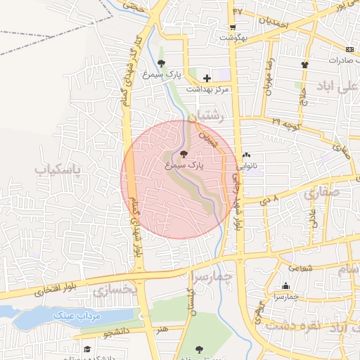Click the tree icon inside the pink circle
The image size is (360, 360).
[x=184, y=154]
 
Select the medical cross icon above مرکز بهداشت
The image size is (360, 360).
[x=207, y=78]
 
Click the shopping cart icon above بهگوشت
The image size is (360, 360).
[x=233, y=26]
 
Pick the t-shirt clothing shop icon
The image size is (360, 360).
[x=304, y=65]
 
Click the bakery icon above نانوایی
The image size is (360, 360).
[x=246, y=155]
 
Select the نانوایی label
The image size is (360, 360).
[x=247, y=167]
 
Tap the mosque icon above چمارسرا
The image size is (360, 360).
[x=285, y=285]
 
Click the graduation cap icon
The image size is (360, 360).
[x=88, y=349]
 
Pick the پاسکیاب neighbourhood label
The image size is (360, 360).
[x=58, y=169]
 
